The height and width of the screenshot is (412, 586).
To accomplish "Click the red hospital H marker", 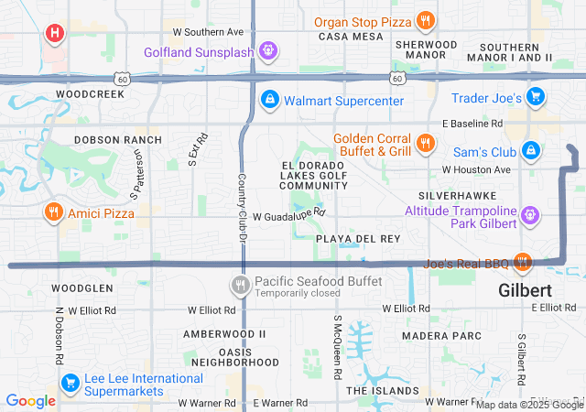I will (x=55, y=34).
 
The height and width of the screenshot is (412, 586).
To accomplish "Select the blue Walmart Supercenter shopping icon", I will (x=270, y=99).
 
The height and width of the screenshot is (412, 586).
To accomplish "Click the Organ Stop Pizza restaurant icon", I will (x=425, y=20).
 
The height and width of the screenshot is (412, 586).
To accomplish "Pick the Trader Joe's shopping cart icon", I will (x=537, y=96).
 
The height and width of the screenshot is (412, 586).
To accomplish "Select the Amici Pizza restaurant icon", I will (x=54, y=212).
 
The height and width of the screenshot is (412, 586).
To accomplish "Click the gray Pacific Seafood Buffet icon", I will (x=241, y=286).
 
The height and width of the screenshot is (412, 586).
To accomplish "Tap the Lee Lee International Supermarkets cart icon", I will (x=70, y=383).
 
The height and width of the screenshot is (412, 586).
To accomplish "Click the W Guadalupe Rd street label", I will (x=289, y=214).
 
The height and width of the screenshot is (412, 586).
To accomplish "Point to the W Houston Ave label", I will (x=476, y=169).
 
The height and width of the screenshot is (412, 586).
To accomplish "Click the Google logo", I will (x=31, y=400).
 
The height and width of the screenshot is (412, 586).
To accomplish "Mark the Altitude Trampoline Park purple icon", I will (x=530, y=217).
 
